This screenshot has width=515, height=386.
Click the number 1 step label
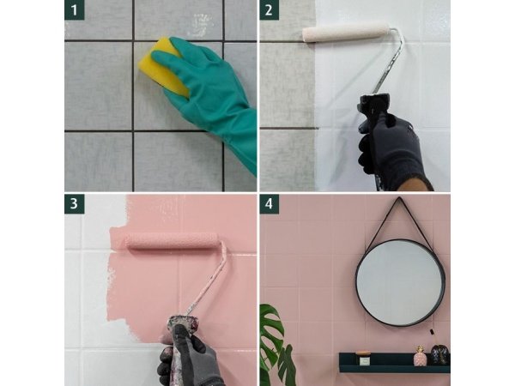pos(74,9)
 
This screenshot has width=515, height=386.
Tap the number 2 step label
pos(269,9)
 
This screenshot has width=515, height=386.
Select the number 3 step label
pos(74,204)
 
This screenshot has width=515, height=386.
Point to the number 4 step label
pos(269,204)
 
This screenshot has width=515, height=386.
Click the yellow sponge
pos(161,66)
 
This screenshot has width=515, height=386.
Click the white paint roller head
pos(346,33)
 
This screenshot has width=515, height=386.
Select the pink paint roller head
pos(172,241)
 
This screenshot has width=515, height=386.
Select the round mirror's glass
pos(400,282)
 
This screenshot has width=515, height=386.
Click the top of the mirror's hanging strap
pos(400,198)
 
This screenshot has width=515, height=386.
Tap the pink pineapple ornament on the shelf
pos(419,356)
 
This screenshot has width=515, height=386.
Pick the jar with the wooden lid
pos(364,359)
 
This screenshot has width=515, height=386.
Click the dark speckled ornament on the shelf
pos(439,354)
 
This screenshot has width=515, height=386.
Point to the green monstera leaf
pos(275,345)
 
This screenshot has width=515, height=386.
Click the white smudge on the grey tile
pos(199,25)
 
